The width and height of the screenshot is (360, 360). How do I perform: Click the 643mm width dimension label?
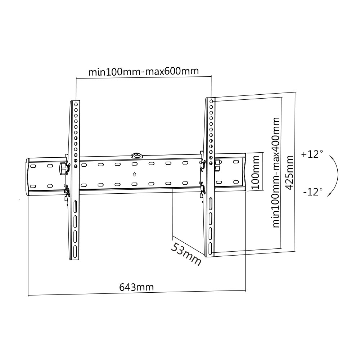[136, 287]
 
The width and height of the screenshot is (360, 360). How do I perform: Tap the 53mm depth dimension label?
[185, 254]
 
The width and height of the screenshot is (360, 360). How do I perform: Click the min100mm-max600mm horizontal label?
[144, 71]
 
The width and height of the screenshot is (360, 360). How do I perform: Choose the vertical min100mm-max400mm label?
[276, 172]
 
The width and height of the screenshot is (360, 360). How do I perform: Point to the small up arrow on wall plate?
[134, 175]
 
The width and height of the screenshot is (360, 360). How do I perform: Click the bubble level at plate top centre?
[137, 156]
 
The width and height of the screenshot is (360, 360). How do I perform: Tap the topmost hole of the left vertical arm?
[76, 104]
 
